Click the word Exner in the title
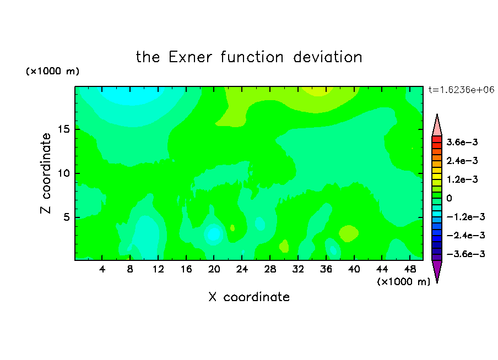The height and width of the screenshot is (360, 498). point(190,57)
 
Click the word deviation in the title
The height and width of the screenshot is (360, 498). point(328,57)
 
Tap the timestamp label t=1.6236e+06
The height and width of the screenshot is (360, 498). point(462,90)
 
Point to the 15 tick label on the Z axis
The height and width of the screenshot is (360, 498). point(63,129)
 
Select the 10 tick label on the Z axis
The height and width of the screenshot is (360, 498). point(63,173)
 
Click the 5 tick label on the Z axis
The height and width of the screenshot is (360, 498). point(66,217)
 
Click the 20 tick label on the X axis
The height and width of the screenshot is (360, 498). point(214,269)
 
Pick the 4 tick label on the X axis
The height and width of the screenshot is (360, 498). point(102,269)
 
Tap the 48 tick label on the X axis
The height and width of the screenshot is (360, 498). point(410,269)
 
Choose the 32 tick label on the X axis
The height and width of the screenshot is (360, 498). point(298,269)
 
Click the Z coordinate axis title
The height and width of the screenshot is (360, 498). point(46,173)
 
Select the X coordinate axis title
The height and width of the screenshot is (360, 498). point(249,297)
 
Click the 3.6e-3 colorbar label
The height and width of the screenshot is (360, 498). point(462,142)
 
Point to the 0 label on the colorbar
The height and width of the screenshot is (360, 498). point(449,198)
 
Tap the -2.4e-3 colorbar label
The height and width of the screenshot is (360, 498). point(465,235)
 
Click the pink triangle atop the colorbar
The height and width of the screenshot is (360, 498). point(437,126)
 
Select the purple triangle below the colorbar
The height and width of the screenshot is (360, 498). point(437,270)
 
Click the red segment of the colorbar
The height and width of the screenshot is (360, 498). point(437,139)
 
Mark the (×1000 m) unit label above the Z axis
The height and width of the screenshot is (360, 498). point(52,71)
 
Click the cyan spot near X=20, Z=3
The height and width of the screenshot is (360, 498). point(214,234)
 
